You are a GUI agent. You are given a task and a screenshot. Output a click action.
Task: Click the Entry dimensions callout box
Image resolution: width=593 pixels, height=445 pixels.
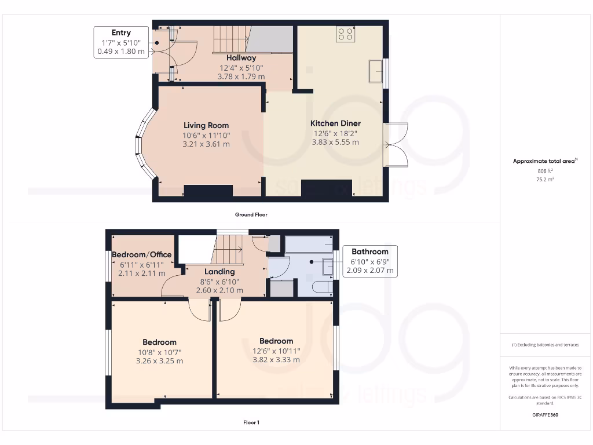[x=121, y=42]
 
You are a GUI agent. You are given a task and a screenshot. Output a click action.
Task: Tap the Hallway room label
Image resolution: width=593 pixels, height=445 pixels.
[x=241, y=58]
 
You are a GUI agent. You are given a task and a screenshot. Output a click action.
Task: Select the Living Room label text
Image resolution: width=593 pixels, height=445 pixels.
[x=206, y=125]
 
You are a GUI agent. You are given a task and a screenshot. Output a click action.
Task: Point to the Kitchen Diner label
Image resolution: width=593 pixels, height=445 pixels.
[x=335, y=123]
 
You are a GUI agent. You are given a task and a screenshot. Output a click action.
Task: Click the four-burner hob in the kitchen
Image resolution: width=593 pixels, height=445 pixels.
[x=345, y=34]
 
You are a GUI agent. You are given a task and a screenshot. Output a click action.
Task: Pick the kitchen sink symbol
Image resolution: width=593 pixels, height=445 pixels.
[x=375, y=70]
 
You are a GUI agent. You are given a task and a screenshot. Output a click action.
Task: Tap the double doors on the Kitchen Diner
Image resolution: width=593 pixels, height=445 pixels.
[x=397, y=145]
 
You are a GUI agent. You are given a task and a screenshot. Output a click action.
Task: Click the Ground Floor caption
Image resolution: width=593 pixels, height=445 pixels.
[x=251, y=214]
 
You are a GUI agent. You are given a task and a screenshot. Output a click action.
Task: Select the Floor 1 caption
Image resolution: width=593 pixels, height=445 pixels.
[x=251, y=422]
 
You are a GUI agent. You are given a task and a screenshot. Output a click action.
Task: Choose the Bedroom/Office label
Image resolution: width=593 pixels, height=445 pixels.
[x=141, y=255]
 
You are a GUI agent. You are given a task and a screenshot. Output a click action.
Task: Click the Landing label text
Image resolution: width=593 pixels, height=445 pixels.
[x=219, y=272]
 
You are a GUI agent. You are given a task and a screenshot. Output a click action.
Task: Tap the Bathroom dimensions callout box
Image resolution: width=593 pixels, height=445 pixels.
[x=370, y=261]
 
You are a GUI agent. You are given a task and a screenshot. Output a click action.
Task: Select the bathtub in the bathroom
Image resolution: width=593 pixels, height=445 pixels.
[x=309, y=243]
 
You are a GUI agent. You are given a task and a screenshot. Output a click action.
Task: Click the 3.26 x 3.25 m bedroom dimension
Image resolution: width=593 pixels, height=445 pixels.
[x=159, y=361]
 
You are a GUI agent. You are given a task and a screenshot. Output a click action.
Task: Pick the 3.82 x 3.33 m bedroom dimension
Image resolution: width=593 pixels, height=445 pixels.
[x=276, y=360]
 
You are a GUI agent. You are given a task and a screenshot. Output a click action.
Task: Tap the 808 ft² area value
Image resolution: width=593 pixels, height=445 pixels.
[x=545, y=171]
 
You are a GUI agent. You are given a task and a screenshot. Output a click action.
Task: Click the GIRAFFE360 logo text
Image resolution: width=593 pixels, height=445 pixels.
[x=545, y=415]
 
